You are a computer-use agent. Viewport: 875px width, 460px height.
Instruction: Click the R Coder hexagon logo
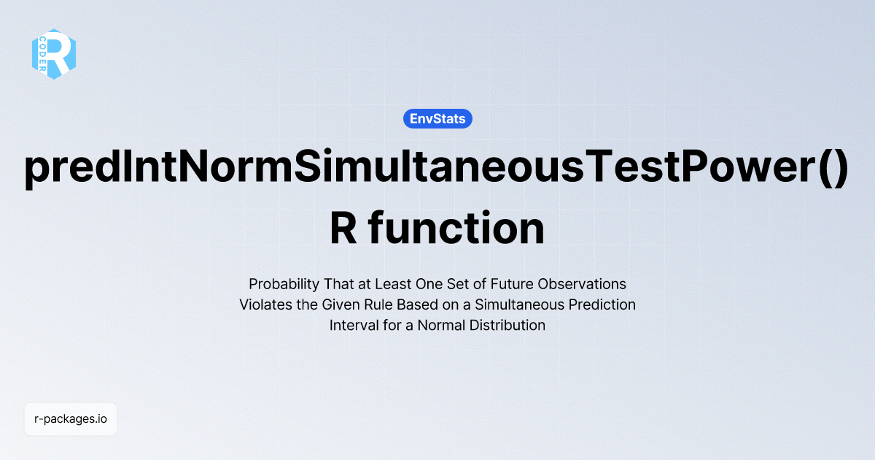(x=54, y=53)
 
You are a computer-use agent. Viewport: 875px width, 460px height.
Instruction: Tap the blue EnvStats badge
(x=437, y=118)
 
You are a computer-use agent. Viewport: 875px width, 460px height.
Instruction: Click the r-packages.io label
(x=71, y=420)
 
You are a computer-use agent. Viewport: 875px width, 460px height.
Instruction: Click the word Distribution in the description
(x=507, y=326)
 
